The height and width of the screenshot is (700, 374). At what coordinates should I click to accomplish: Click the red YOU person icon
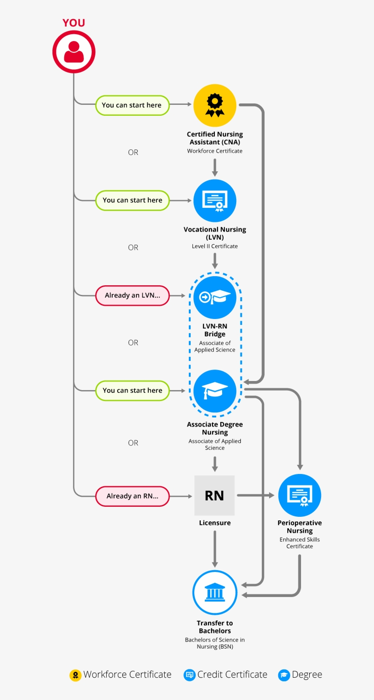pos(74,51)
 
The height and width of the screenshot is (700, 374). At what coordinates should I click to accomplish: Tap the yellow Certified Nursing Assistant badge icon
pos(215,105)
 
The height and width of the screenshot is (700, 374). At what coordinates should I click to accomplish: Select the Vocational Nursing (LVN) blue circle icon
pos(215,201)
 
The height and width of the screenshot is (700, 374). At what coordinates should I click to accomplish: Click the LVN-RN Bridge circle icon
pos(215,297)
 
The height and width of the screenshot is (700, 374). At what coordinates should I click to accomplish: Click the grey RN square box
pos(214,495)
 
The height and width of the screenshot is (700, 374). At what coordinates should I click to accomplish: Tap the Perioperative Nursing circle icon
pos(300,495)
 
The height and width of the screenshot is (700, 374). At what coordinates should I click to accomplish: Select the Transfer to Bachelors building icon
pos(215,592)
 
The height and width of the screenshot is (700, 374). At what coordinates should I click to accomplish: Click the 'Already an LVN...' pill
pos(132,296)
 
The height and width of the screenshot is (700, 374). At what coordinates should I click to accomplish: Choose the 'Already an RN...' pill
pos(132,496)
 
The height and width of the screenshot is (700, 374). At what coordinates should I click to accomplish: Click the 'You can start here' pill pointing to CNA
pos(132,105)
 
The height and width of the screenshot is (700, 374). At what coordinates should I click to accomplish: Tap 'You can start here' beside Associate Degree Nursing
pos(132,391)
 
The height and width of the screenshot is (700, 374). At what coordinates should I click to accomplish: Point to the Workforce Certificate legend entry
pos(120,675)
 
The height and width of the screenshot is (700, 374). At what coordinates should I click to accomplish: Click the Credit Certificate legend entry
pos(225,675)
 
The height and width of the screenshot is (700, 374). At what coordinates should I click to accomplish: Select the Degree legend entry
pos(300,675)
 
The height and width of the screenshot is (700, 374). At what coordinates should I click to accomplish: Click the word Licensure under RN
pos(215,523)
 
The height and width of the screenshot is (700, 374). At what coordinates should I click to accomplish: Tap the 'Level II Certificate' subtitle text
pos(215,246)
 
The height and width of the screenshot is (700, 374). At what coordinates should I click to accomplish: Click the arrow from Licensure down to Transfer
pos(215,549)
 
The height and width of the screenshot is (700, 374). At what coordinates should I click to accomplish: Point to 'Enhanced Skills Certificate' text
pos(300,543)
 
